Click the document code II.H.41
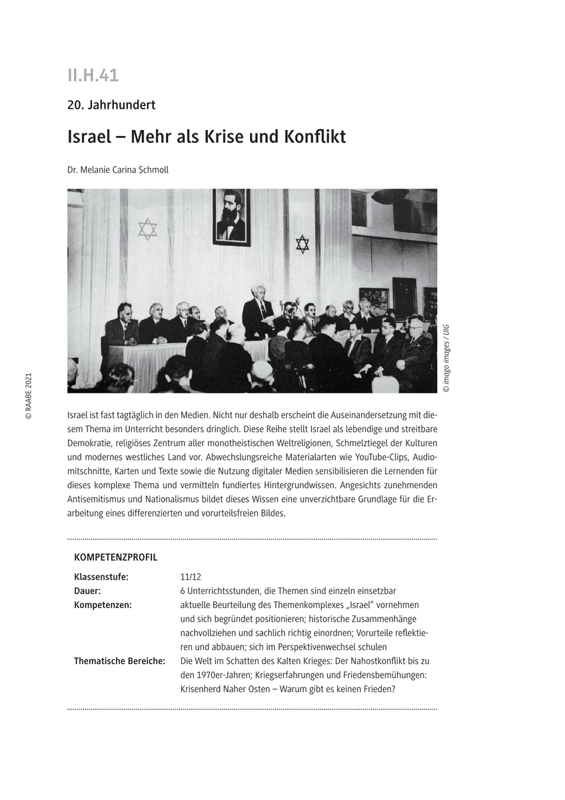pyautogui.click(x=93, y=75)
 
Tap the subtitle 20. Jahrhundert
pyautogui.click(x=111, y=105)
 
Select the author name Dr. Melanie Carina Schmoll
pyautogui.click(x=118, y=169)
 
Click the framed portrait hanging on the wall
pyautogui.click(x=231, y=217)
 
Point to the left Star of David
pyautogui.click(x=147, y=229)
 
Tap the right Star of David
pyautogui.click(x=302, y=244)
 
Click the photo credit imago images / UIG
pyautogui.click(x=446, y=358)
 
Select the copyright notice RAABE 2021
pyautogui.click(x=28, y=396)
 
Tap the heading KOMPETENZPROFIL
pyautogui.click(x=116, y=557)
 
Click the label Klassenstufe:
pyautogui.click(x=101, y=577)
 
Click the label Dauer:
pyautogui.click(x=87, y=591)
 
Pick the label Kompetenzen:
pyautogui.click(x=103, y=605)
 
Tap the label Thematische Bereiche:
pyautogui.click(x=119, y=661)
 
